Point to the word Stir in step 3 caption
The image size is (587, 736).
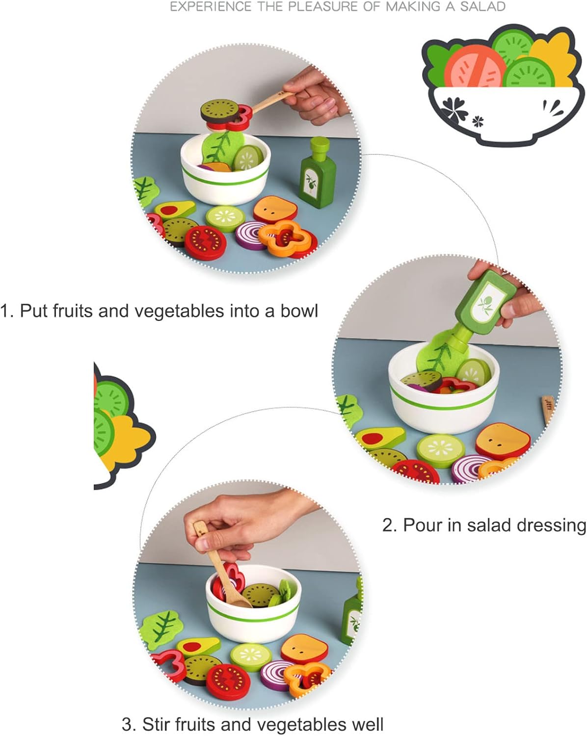tap(157, 724)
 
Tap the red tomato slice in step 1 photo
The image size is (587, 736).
tap(205, 243)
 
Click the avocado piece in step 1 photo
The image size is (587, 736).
tap(175, 210)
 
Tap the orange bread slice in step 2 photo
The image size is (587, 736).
tap(503, 441)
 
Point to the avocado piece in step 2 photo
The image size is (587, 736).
tap(380, 437)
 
